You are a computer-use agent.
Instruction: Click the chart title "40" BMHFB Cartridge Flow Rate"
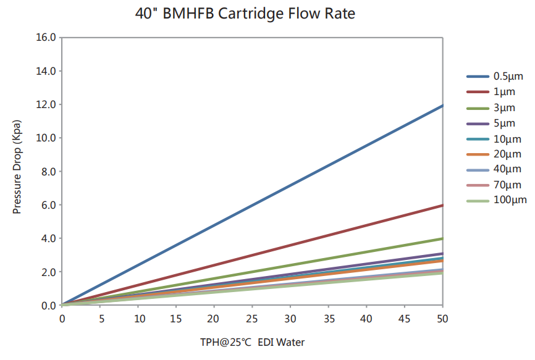245,14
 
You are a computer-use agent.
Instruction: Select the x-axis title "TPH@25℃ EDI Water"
252,342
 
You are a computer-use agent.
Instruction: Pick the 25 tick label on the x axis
252,319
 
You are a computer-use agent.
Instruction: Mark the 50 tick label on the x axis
442,319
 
